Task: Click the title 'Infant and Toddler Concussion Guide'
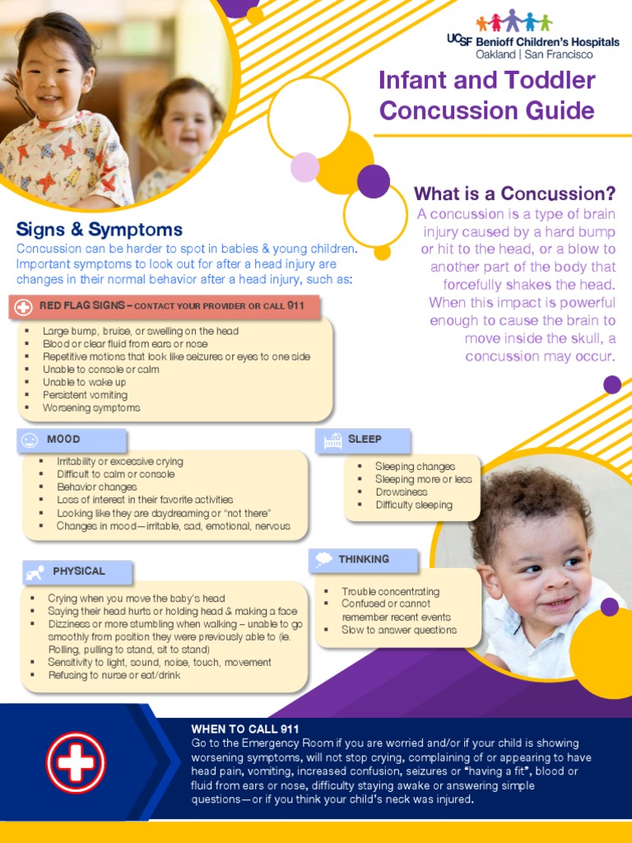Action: pyautogui.click(x=486, y=95)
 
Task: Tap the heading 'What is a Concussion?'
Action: pyautogui.click(x=514, y=193)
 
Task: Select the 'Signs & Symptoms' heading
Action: pyautogui.click(x=100, y=230)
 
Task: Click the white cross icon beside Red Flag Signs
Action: pyautogui.click(x=24, y=307)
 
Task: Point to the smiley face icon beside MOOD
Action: pyautogui.click(x=30, y=440)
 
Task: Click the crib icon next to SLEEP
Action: pyautogui.click(x=332, y=440)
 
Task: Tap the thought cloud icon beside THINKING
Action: pyautogui.click(x=324, y=560)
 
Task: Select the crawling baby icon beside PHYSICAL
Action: pyautogui.click(x=35, y=571)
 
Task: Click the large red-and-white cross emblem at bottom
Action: pyautogui.click(x=76, y=762)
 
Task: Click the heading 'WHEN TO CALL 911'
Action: pyautogui.click(x=245, y=729)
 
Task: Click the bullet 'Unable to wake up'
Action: pyautogui.click(x=84, y=382)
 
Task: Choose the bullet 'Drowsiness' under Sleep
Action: pyautogui.click(x=402, y=492)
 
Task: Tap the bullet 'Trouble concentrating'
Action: pyautogui.click(x=390, y=592)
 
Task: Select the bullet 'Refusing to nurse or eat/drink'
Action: pyautogui.click(x=114, y=675)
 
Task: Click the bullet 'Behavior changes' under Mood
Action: pyautogui.click(x=96, y=487)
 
